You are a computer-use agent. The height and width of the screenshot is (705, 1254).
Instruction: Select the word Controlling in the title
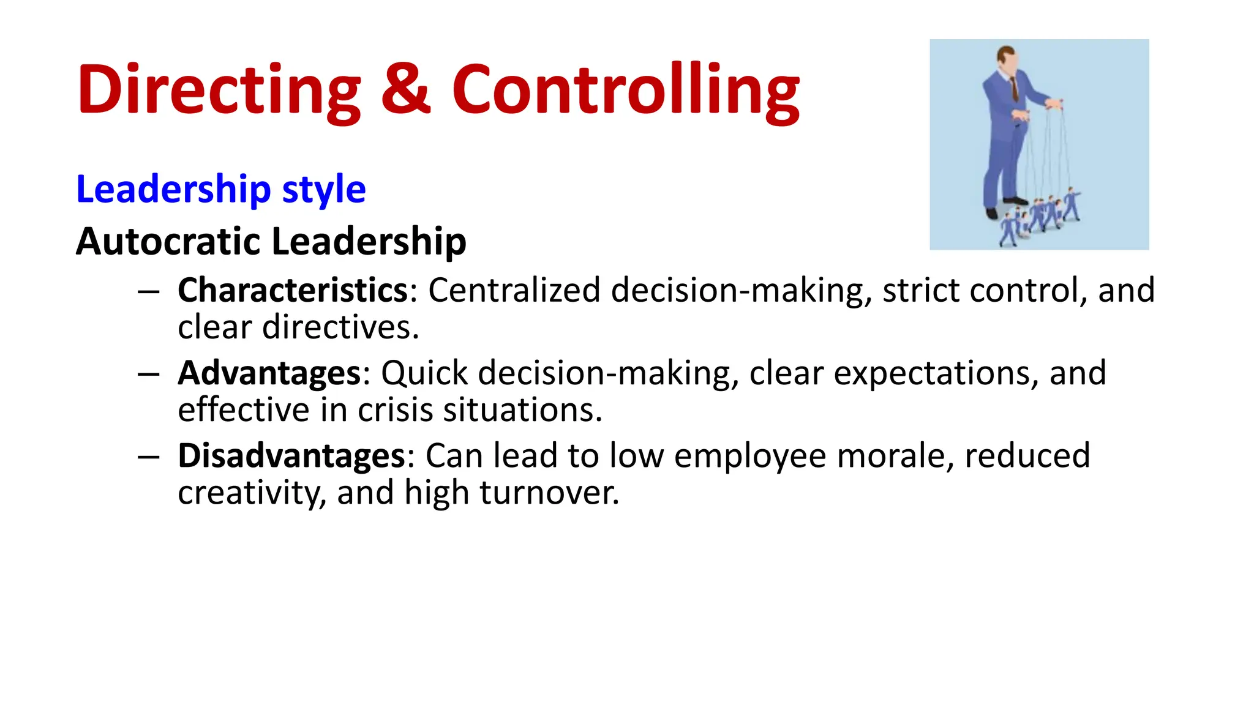tap(625, 91)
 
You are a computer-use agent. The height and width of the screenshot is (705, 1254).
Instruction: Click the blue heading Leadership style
tap(220, 189)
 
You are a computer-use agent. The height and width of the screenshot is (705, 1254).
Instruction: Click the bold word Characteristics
tap(293, 290)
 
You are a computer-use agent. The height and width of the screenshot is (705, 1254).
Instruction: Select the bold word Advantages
tap(269, 373)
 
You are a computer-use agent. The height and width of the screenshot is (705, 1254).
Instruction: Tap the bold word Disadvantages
tap(291, 455)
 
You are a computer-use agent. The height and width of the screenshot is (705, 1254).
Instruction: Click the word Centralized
tap(514, 290)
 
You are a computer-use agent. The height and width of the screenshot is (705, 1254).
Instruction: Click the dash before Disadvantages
tap(149, 457)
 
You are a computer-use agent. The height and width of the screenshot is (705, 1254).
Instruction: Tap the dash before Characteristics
tap(149, 291)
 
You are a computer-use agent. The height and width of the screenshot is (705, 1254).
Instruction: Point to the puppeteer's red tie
tap(1015, 89)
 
